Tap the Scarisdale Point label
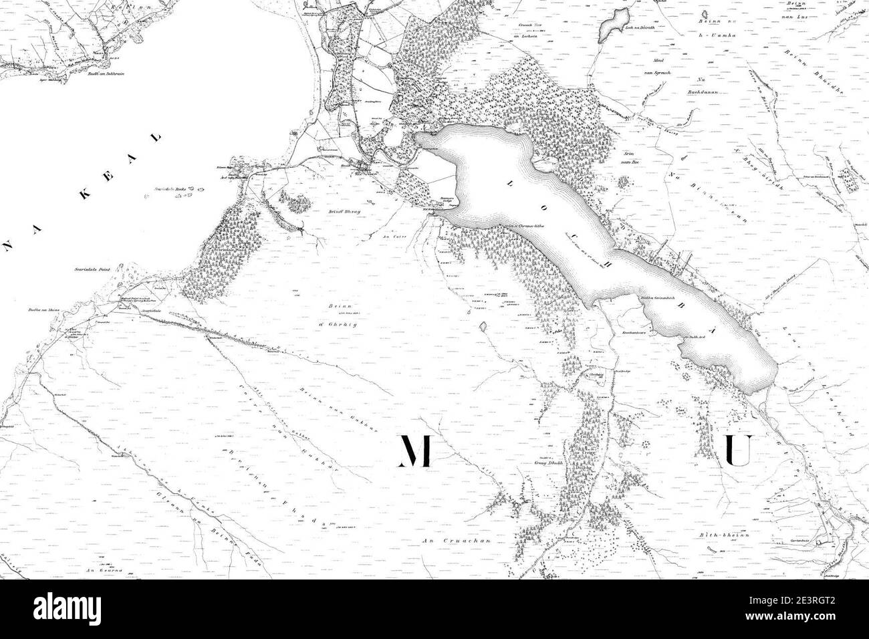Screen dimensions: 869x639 coord(94,272)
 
